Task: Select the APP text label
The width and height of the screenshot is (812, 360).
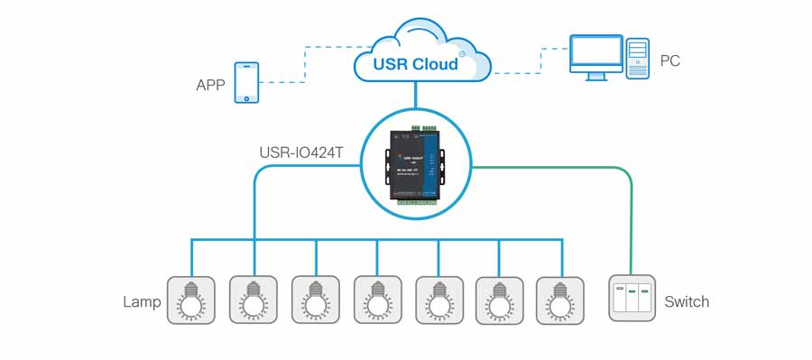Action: tap(210, 86)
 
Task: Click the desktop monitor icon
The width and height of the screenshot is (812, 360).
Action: tap(595, 57)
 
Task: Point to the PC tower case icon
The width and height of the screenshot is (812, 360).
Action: tap(638, 59)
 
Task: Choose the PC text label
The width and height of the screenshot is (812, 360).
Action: tap(670, 61)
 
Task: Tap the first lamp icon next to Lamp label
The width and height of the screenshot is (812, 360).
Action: tap(190, 300)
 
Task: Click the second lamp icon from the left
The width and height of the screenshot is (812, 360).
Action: tap(254, 300)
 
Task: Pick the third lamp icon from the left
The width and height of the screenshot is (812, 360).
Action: tap(315, 300)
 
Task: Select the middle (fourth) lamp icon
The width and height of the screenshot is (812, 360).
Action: tap(377, 300)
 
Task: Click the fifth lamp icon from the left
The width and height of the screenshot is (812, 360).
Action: tap(438, 300)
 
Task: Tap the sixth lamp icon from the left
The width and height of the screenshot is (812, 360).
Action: tap(500, 300)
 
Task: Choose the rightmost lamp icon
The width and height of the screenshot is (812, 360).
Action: tap(560, 300)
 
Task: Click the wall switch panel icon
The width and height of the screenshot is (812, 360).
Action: tap(632, 299)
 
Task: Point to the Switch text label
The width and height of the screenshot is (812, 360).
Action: tap(687, 301)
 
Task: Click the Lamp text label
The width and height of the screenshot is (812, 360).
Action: tap(142, 301)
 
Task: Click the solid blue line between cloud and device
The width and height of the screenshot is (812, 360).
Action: tap(415, 95)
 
